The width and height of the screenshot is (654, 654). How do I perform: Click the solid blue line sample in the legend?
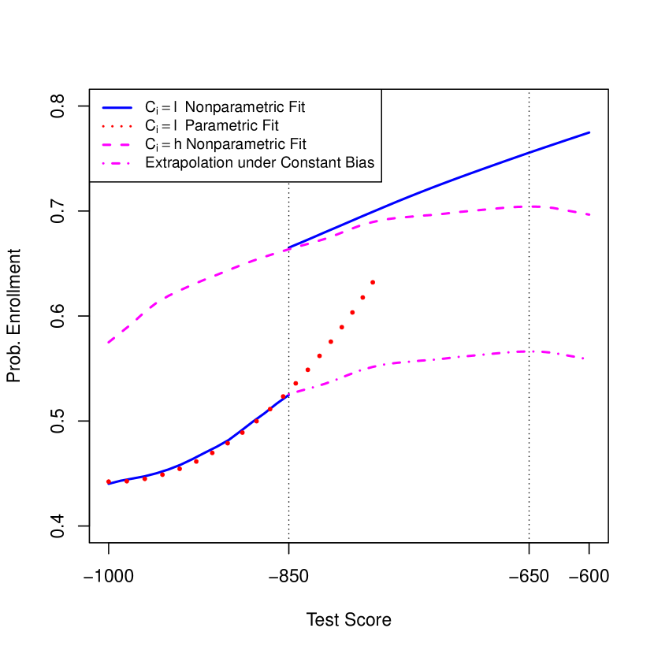pos(117,106)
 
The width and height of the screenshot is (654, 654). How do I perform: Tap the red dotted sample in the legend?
pos(117,125)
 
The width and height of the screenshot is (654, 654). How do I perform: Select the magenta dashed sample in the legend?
pos(117,145)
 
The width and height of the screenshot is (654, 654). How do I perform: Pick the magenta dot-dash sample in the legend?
pos(117,164)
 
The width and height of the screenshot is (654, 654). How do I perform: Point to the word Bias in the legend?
pos(359,164)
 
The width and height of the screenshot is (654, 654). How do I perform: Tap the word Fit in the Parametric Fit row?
pos(269,125)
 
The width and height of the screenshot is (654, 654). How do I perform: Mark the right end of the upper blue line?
pos(590,132)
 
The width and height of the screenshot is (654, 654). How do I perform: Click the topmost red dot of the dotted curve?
pos(372,282)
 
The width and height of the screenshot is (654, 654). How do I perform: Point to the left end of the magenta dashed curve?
pos(109,342)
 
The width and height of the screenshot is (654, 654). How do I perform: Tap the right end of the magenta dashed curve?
pos(590,214)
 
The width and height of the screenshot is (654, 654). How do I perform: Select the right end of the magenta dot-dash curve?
pos(585,359)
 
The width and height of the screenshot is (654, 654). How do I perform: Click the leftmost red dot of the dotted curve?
pos(109,481)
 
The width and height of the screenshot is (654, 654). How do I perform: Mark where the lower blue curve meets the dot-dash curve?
pos(288,392)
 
